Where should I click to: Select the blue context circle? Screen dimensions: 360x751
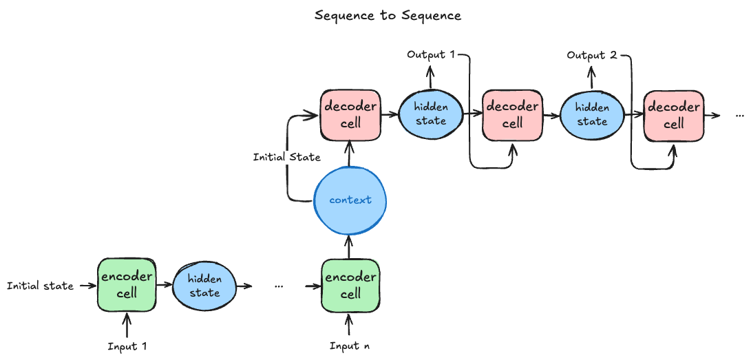[350, 200]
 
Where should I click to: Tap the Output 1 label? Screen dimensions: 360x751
[431, 54]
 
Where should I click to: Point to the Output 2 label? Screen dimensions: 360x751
[591, 55]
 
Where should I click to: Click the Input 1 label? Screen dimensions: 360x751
[127, 346]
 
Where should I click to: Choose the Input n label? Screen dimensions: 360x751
[350, 346]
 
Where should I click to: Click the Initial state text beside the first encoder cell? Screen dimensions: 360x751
[40, 286]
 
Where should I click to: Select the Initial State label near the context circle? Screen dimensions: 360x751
[286, 157]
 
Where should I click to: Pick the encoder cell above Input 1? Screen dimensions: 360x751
[127, 284]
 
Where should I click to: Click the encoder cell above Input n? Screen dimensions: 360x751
[350, 285]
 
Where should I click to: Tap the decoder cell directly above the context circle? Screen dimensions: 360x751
[350, 114]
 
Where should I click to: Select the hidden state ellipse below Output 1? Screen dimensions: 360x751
[430, 114]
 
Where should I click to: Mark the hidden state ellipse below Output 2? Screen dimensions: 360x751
[592, 114]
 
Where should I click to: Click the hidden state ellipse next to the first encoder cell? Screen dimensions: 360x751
[204, 286]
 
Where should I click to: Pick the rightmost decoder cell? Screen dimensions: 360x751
[673, 115]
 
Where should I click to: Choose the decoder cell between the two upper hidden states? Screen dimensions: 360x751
[512, 115]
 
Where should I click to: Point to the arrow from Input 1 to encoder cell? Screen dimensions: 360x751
[127, 324]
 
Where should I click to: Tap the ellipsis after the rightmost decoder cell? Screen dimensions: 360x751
[740, 114]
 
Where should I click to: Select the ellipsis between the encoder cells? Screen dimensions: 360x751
[279, 286]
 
